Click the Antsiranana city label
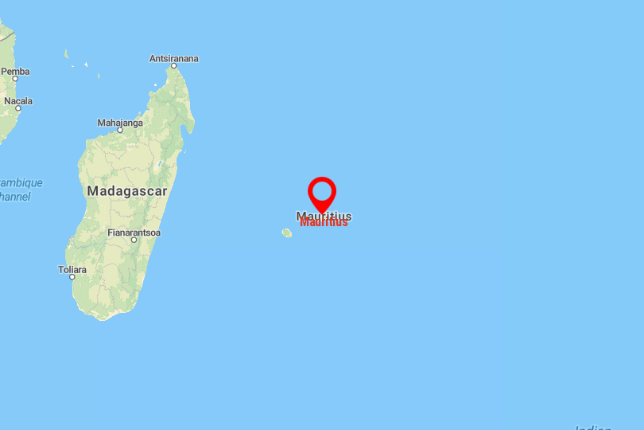pyautogui.click(x=174, y=58)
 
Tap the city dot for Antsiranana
pyautogui.click(x=174, y=67)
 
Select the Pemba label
pyautogui.click(x=15, y=71)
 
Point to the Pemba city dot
pyautogui.click(x=14, y=79)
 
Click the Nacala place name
pyautogui.click(x=18, y=100)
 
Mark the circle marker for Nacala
pyautogui.click(x=17, y=108)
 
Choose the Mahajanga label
pyautogui.click(x=120, y=123)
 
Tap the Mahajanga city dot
pyautogui.click(x=120, y=131)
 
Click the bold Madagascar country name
pyautogui.click(x=127, y=191)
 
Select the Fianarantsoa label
pyautogui.click(x=134, y=232)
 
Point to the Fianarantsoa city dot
pyautogui.click(x=134, y=240)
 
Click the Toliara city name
pyautogui.click(x=72, y=269)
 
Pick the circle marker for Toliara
pyautogui.click(x=72, y=277)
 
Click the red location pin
pyautogui.click(x=322, y=192)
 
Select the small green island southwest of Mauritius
pyautogui.click(x=286, y=233)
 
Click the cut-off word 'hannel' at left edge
pyautogui.click(x=15, y=197)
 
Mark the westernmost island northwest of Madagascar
pyautogui.click(x=67, y=53)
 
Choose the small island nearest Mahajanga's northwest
pyautogui.click(x=99, y=76)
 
